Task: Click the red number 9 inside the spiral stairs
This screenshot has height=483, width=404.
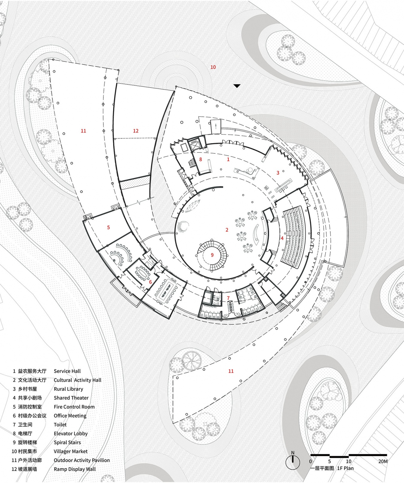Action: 212,255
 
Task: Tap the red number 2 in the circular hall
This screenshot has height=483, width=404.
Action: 227,230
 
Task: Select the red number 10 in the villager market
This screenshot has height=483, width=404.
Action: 213,67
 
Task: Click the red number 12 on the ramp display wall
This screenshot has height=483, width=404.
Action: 136,131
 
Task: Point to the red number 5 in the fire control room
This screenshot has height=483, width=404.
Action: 109,228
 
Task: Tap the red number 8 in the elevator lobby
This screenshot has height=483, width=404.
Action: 201,160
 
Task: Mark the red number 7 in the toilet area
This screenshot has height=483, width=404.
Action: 228,298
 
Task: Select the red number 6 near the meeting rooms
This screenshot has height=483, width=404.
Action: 151,282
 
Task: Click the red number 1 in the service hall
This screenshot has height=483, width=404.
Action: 228,160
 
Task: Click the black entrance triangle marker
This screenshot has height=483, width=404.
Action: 237,86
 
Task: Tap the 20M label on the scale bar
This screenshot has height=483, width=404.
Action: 383,461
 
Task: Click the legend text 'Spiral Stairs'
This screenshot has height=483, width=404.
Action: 67,442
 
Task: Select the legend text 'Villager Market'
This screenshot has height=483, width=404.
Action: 71,451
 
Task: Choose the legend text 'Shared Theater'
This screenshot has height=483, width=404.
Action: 71,398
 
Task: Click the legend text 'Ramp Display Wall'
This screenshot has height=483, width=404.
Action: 75,469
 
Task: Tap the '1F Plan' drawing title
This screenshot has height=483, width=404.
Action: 345,468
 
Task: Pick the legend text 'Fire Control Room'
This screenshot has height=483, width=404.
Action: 74,407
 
